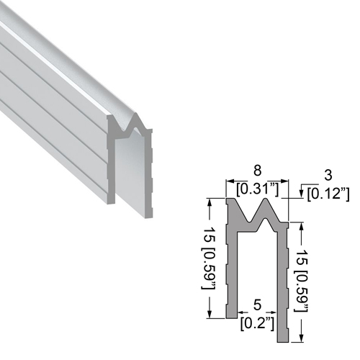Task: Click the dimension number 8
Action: coord(257,171)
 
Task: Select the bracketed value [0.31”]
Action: coord(257,189)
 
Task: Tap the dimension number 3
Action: coord(328,175)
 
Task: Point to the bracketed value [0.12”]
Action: coord(328,194)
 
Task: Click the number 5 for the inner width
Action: coord(257,305)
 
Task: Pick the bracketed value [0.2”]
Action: coord(257,324)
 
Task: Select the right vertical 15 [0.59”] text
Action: coord(302,281)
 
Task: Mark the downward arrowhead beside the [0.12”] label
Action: coord(301,194)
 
